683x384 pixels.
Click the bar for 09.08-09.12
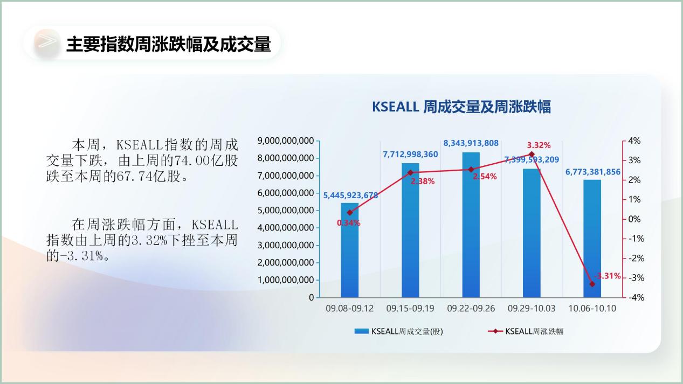pos(349,250)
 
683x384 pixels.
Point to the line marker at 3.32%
pos(532,154)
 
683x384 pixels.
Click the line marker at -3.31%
pos(592,284)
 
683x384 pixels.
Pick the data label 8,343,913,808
pos(471,143)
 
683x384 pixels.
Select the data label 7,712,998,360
pos(410,154)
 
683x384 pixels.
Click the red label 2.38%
pos(423,181)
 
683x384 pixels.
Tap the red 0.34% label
pos(348,222)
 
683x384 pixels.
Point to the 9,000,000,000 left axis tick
pos(286,141)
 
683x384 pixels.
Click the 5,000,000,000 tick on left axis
pos(286,211)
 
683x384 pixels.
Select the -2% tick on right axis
pos(634,259)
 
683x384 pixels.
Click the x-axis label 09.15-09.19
pos(410,309)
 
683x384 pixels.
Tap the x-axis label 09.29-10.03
pos(532,309)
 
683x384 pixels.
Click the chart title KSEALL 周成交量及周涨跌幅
pos(461,107)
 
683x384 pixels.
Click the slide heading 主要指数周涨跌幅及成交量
pos(168,44)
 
